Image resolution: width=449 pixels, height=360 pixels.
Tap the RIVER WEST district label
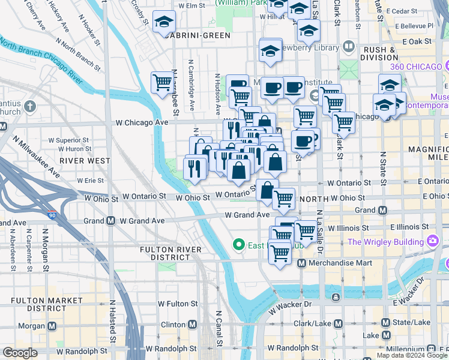85,161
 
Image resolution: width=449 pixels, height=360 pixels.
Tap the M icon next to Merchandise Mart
302,263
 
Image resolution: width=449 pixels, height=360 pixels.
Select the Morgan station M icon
52,326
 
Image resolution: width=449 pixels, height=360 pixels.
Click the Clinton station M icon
192,325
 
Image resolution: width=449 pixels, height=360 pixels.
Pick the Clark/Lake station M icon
338,324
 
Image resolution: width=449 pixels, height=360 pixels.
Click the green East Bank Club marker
238,244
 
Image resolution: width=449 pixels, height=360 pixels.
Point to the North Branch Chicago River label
41,61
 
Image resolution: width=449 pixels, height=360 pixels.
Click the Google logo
20,353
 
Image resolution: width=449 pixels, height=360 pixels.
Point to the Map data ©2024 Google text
411,355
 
